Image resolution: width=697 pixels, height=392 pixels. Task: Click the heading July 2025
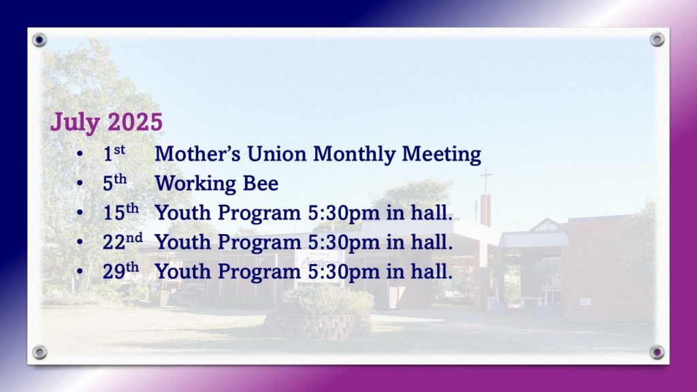[x=106, y=122]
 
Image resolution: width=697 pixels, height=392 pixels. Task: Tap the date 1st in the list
[x=114, y=154]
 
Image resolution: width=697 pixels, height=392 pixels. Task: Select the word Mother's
[x=197, y=154]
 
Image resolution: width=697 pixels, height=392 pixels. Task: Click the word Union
[x=276, y=154]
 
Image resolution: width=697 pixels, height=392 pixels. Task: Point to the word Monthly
[x=354, y=154]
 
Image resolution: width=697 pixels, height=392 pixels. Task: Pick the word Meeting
[x=441, y=154]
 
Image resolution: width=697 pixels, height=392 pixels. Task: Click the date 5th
[x=114, y=183]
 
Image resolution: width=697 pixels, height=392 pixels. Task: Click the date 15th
[x=120, y=212]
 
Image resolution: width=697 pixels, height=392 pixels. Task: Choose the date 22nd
[x=123, y=242]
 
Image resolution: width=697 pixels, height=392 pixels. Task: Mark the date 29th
[x=120, y=271]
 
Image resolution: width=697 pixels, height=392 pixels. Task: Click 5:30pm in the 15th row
[x=344, y=213]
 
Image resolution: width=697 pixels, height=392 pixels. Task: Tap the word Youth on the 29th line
[x=182, y=272]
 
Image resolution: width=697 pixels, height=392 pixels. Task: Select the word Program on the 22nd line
[x=259, y=243]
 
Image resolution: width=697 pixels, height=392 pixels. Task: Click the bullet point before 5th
[x=80, y=183]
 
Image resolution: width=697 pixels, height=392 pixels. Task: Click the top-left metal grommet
[x=39, y=40]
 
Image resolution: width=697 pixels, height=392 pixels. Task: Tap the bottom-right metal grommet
[x=657, y=353]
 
